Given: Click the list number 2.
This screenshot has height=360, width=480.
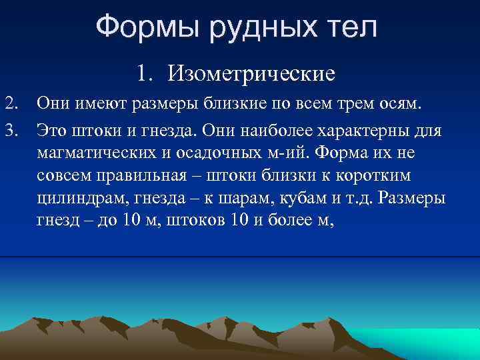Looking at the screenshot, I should [x=11, y=103].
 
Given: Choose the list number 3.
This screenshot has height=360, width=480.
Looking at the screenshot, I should [x=11, y=128].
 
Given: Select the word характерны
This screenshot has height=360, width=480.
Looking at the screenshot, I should [x=365, y=128].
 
